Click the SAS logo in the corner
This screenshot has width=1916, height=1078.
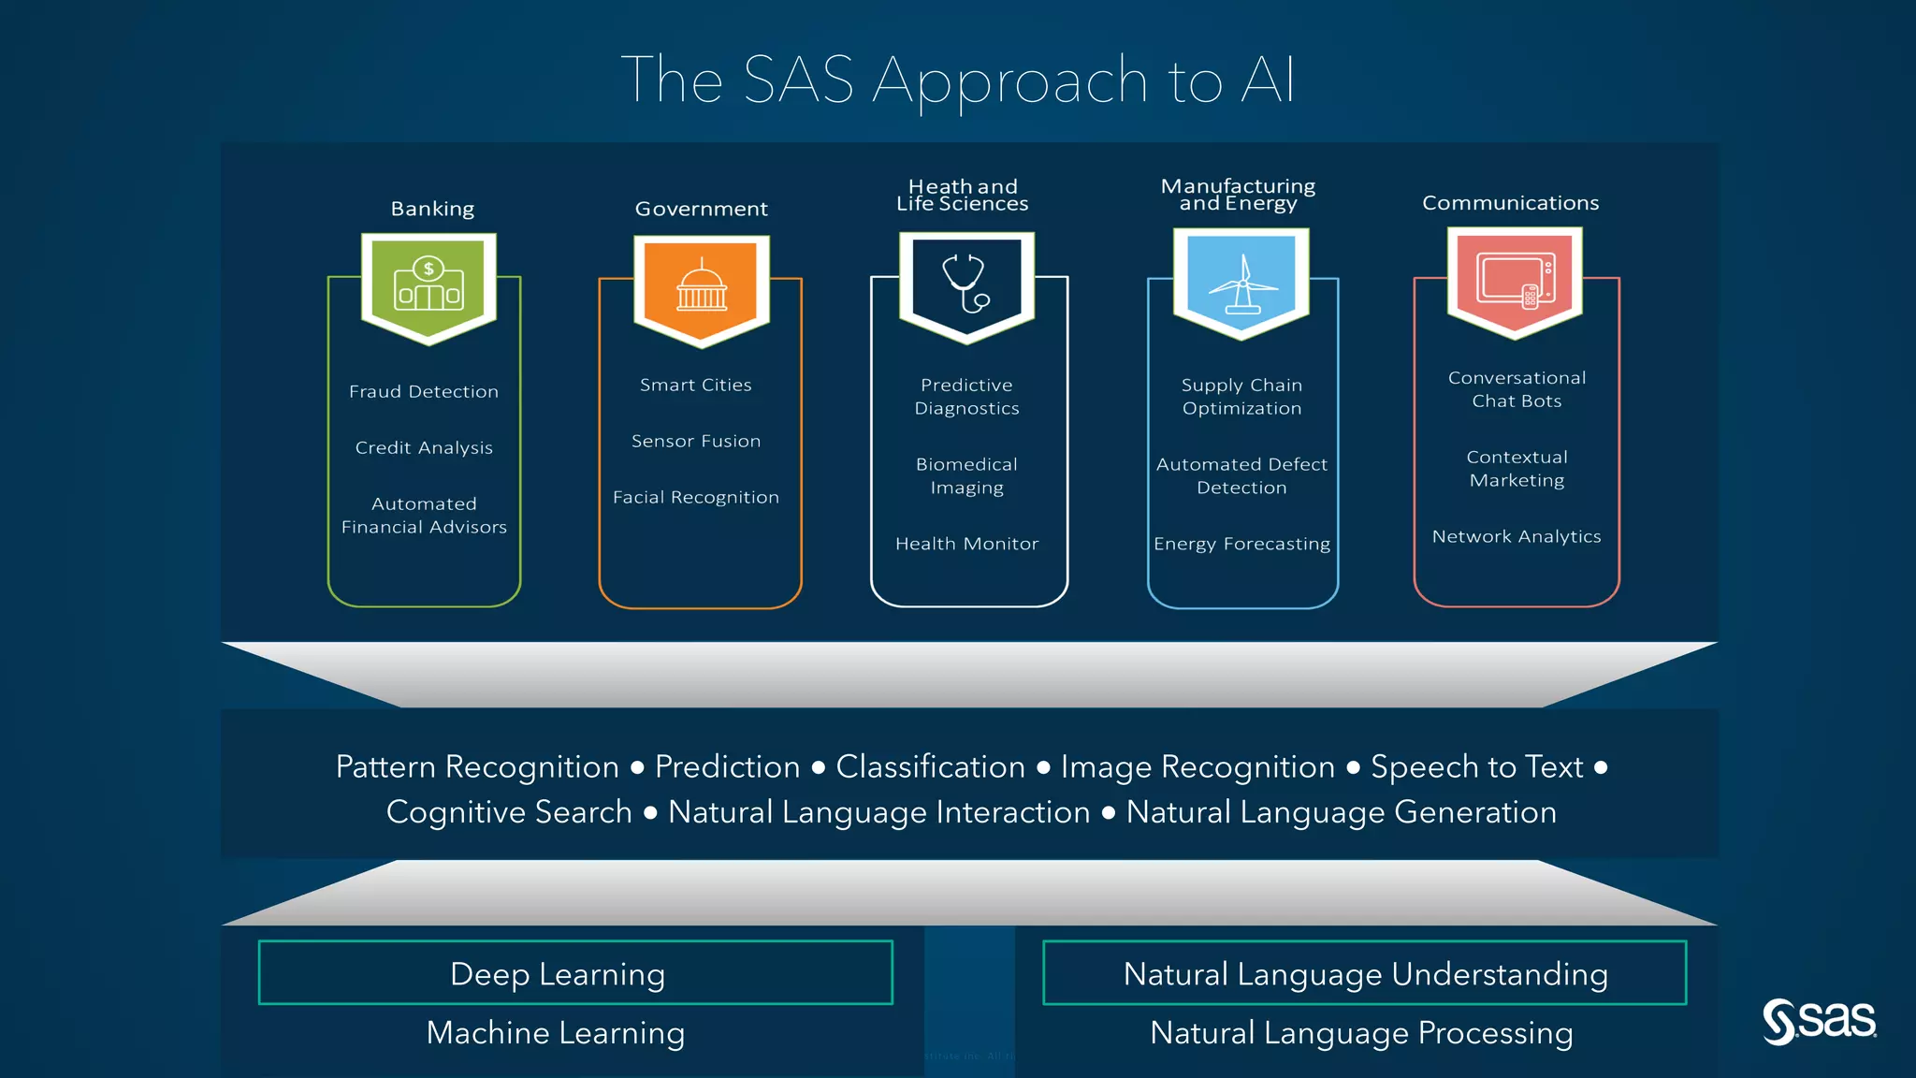tap(1819, 1020)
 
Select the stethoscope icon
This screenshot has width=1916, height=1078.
tap(966, 283)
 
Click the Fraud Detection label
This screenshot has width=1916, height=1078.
tap(424, 391)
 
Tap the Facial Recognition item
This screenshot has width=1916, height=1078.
tap(696, 497)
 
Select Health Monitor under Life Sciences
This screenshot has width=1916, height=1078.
tap(966, 544)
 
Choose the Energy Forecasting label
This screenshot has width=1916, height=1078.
tap(1241, 544)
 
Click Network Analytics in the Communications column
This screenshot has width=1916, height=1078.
tap(1517, 536)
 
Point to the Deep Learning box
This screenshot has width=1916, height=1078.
tap(575, 973)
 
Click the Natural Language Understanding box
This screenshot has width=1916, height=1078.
tap(1365, 973)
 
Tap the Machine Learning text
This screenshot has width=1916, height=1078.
tap(556, 1033)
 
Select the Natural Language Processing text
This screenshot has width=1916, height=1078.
tap(1361, 1033)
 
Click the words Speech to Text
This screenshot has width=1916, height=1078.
tap(1476, 766)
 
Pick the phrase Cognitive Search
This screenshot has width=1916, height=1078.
tap(509, 812)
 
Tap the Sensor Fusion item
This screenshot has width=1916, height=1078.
tap(696, 441)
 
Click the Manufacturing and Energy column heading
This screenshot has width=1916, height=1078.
tap(1238, 195)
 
